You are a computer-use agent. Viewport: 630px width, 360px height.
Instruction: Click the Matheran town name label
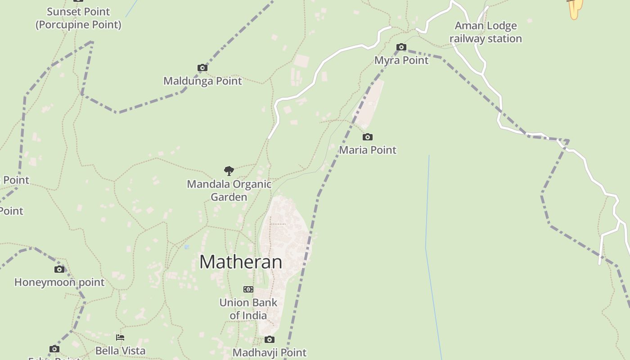coord(241,262)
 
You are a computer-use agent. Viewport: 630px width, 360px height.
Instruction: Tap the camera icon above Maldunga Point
coord(202,68)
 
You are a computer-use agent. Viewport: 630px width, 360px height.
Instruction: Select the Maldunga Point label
coord(202,81)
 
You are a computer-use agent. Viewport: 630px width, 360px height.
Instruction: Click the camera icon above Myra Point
coord(401,47)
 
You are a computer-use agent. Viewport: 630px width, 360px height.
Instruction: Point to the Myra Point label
coord(401,60)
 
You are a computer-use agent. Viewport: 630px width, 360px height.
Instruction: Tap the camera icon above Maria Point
coord(368,137)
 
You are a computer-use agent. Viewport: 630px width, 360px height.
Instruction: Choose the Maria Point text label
coord(368,150)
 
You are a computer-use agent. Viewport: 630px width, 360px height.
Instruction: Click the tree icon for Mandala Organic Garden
coord(229,171)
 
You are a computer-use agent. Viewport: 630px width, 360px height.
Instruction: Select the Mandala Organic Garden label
coord(229,190)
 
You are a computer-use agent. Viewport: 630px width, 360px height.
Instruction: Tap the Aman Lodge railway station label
coord(486,32)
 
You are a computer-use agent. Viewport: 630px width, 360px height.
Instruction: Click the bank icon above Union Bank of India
coord(248,289)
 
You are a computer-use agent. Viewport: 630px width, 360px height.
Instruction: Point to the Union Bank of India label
coord(248,309)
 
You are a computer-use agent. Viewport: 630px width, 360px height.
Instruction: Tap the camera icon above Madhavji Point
coord(270,339)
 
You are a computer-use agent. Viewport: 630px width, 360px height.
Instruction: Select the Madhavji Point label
coord(270,352)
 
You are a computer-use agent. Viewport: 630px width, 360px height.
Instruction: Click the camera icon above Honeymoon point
coord(59,269)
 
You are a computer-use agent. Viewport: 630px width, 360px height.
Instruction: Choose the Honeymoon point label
coord(59,282)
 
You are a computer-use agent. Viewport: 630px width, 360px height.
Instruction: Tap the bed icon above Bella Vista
coord(120,337)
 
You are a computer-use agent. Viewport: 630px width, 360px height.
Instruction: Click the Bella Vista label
coord(120,351)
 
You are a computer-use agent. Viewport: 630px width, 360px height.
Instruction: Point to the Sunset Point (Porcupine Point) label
coord(79,18)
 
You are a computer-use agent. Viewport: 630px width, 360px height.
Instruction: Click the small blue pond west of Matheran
coord(187,247)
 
